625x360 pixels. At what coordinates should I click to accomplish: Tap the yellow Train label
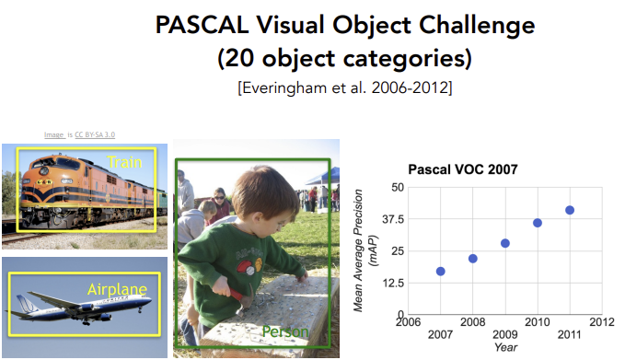(124, 162)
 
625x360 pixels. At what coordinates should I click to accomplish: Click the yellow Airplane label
(117, 289)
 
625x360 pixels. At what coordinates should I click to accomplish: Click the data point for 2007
(441, 272)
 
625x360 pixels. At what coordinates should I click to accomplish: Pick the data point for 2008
(473, 259)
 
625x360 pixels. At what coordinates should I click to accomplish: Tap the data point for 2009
(505, 243)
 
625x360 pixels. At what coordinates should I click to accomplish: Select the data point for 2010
(538, 223)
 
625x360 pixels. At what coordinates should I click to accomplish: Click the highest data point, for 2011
(570, 210)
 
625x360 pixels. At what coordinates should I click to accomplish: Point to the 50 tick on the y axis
(397, 187)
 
